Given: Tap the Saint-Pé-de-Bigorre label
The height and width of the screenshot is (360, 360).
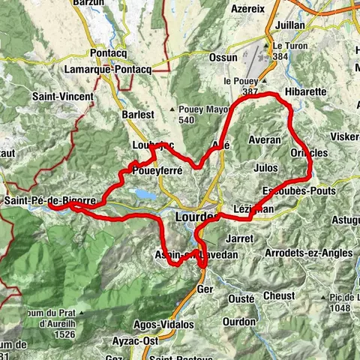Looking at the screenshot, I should (49, 201).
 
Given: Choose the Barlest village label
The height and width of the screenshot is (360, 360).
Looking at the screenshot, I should (137, 115).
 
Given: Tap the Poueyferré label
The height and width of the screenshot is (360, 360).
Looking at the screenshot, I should (157, 171).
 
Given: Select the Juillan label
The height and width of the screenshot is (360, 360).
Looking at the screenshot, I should (290, 25).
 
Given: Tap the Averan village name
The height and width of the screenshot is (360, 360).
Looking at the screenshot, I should (265, 140).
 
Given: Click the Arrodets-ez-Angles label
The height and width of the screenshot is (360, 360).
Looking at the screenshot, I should (308, 253).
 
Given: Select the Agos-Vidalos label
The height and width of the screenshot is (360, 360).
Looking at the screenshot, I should (166, 325).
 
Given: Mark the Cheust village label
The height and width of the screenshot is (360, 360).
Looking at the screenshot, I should (279, 295).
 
